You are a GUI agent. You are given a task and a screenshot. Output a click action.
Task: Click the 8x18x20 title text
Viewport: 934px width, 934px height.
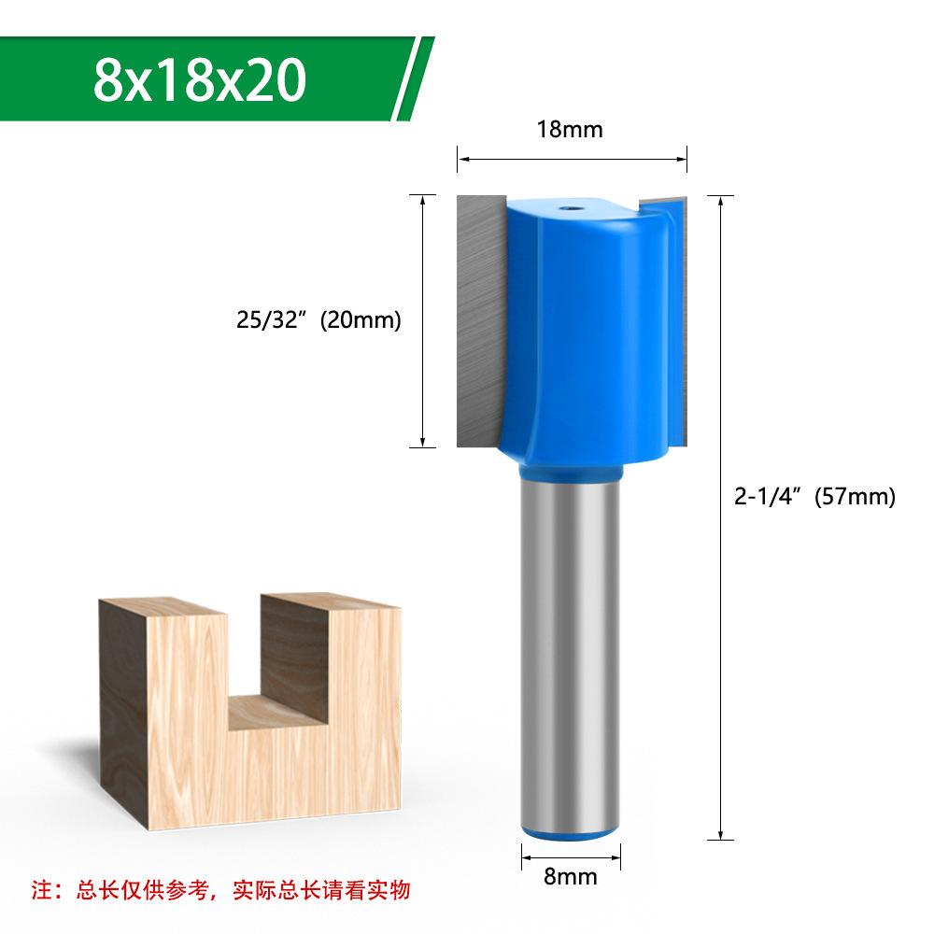point(200,80)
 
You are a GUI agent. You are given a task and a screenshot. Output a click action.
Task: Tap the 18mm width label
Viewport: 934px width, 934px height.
point(570,129)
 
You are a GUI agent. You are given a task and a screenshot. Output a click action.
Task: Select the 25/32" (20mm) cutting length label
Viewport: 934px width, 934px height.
point(318,319)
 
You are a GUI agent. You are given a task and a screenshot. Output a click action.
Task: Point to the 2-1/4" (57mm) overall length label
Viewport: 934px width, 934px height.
point(814,496)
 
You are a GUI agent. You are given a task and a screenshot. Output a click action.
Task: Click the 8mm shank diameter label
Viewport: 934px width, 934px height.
point(570,876)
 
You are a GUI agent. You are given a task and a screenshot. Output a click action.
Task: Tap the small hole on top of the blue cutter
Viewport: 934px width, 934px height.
point(565,209)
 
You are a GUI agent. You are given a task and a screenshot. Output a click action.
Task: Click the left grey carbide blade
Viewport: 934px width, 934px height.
point(480,321)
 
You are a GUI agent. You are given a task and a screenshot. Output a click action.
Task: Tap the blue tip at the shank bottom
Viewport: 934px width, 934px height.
point(570,833)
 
